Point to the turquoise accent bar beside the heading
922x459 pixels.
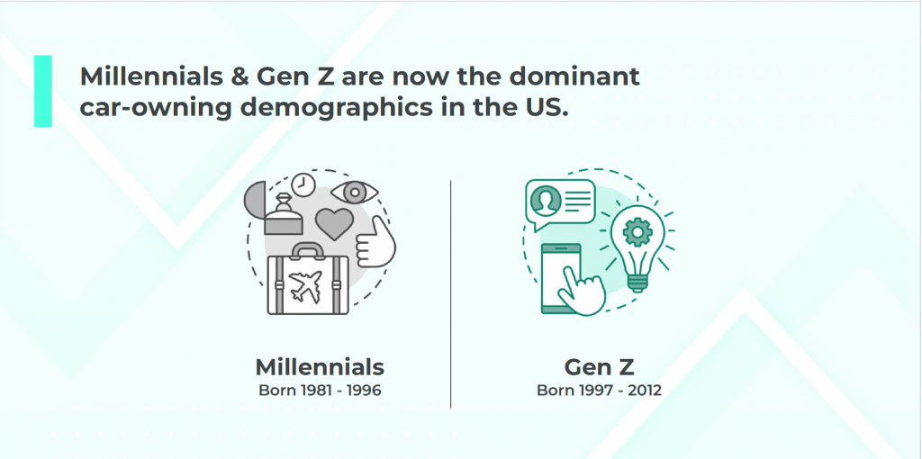[43, 91]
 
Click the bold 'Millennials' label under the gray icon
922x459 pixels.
[320, 367]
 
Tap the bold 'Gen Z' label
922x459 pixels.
[599, 367]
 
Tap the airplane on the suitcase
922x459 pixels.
[307, 285]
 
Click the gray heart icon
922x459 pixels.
[335, 223]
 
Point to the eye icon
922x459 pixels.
[354, 193]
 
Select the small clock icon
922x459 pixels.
[303, 184]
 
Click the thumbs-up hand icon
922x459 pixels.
[375, 242]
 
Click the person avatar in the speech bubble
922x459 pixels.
[544, 201]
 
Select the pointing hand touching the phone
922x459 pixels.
[580, 289]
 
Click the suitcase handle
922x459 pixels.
[307, 250]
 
